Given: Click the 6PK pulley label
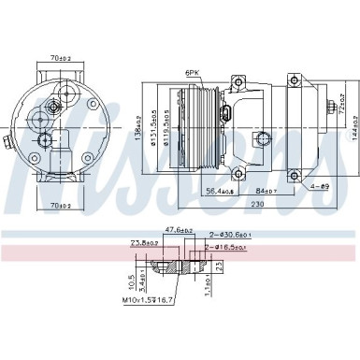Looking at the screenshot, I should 194,71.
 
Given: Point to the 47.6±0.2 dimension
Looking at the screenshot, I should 178,228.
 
